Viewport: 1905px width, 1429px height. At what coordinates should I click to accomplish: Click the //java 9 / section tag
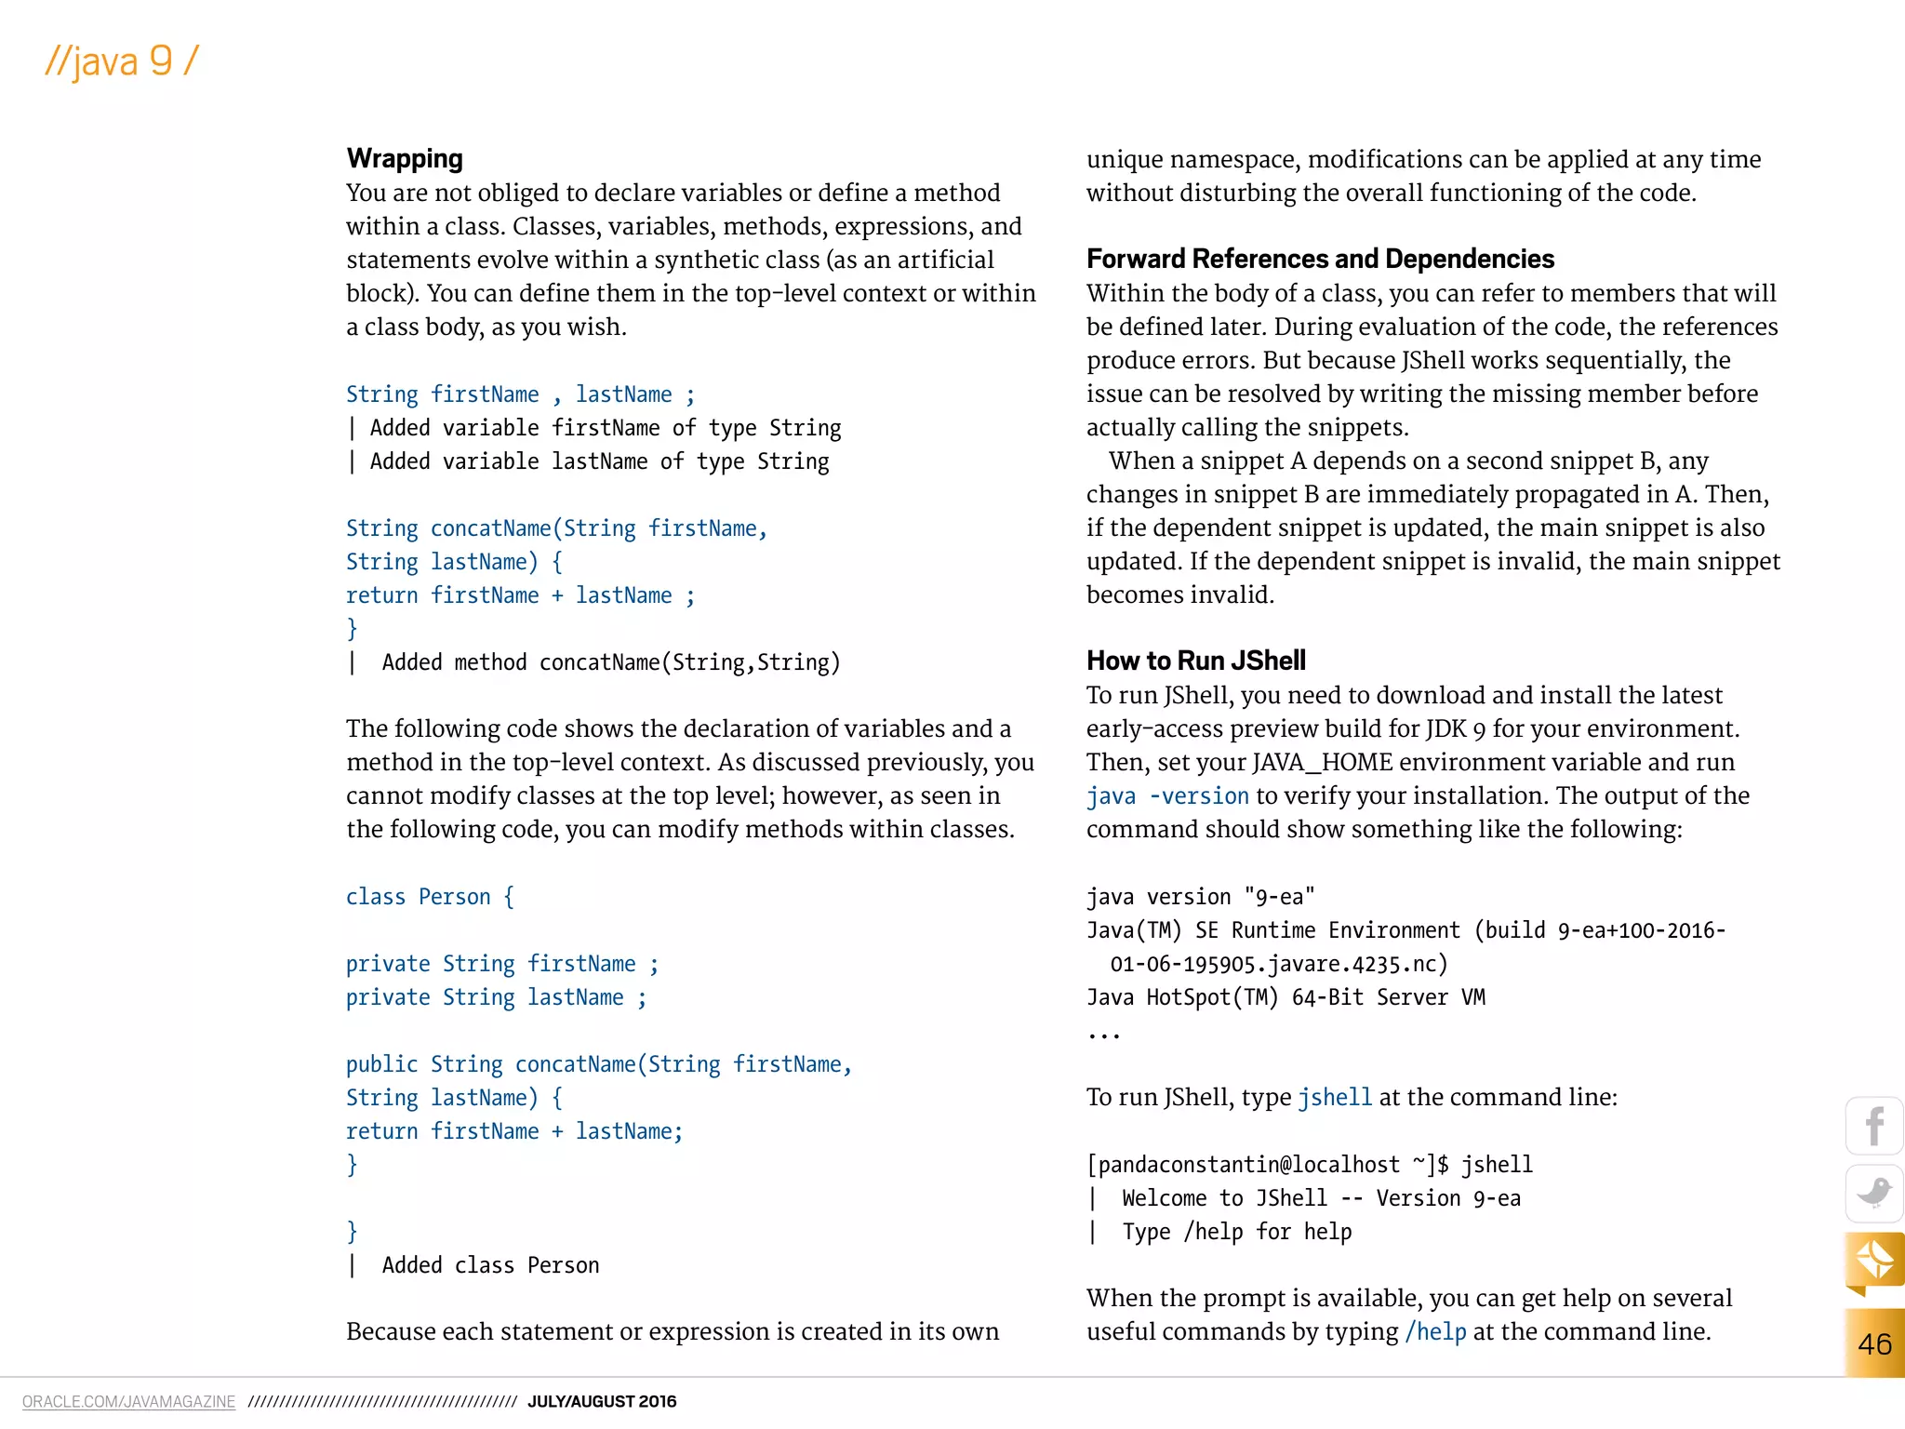pyautogui.click(x=122, y=61)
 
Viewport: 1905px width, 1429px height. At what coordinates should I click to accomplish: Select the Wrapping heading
pyautogui.click(x=404, y=158)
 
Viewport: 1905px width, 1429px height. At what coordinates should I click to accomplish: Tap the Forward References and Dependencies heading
pyautogui.click(x=1319, y=259)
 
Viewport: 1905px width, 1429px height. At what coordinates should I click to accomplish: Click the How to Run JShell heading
pyautogui.click(x=1195, y=661)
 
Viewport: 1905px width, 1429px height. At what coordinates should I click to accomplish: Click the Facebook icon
pyautogui.click(x=1873, y=1126)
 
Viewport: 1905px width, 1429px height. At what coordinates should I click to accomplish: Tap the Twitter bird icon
pyautogui.click(x=1873, y=1193)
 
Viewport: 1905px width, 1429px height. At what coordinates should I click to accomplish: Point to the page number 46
pyautogui.click(x=1873, y=1343)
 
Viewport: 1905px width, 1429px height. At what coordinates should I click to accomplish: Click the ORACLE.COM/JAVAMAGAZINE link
pyautogui.click(x=128, y=1401)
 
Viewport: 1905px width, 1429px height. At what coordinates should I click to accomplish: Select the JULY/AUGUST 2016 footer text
pyautogui.click(x=602, y=1401)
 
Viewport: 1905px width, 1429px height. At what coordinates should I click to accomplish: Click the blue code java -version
pyautogui.click(x=1167, y=796)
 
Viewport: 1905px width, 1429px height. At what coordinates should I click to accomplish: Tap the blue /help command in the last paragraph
pyautogui.click(x=1435, y=1332)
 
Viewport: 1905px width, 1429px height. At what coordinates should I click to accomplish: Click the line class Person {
pyautogui.click(x=429, y=897)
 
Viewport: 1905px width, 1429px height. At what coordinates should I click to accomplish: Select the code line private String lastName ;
pyautogui.click(x=496, y=997)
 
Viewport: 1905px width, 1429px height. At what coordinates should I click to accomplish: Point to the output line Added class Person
pyautogui.click(x=489, y=1265)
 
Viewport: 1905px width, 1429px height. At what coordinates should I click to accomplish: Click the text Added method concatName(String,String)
pyautogui.click(x=610, y=662)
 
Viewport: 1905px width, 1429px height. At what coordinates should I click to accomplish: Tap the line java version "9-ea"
pyautogui.click(x=1200, y=897)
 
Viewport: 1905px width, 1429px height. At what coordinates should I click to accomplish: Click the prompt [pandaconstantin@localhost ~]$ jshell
pyautogui.click(x=1309, y=1165)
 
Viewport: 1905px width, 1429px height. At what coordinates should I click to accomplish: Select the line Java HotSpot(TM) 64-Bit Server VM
pyautogui.click(x=1286, y=997)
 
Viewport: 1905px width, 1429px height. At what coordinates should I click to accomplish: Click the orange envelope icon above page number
pyautogui.click(x=1873, y=1261)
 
